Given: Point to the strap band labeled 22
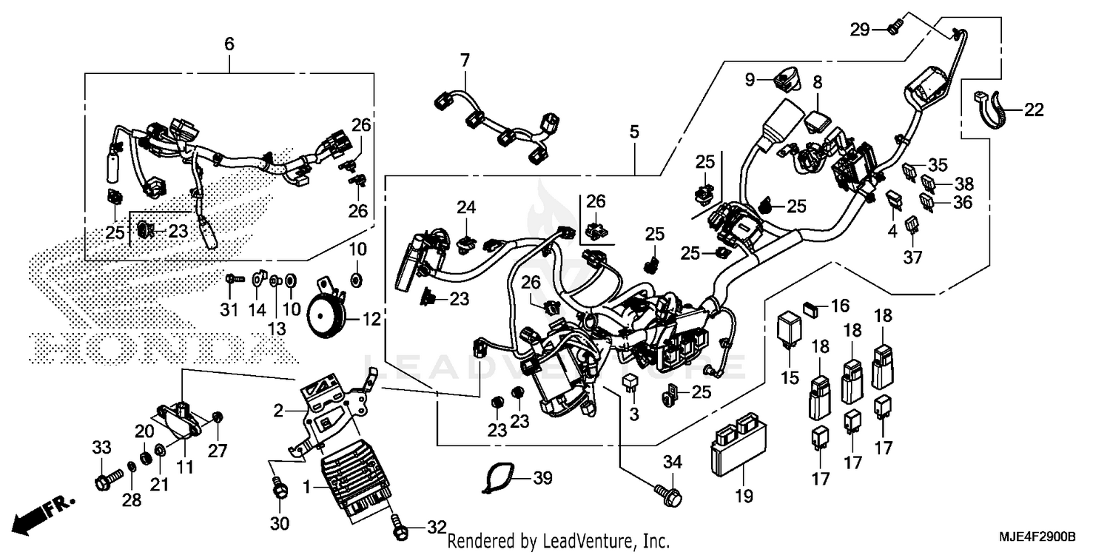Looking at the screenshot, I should (x=984, y=111).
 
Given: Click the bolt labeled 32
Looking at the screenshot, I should (x=400, y=527).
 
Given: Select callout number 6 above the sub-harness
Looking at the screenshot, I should (x=229, y=44).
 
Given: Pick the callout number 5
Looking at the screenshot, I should (x=634, y=132).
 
